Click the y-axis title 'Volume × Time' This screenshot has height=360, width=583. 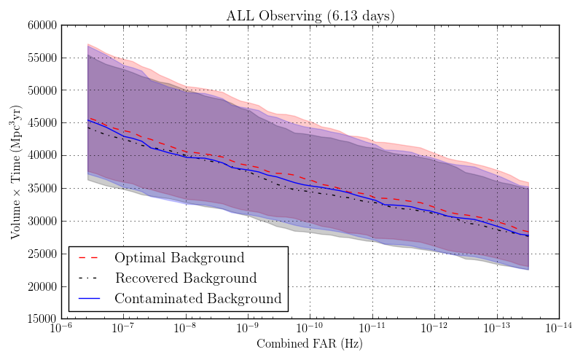click(x=15, y=172)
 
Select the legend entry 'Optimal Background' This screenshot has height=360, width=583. click(x=179, y=258)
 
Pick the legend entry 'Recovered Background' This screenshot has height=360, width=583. click(x=186, y=278)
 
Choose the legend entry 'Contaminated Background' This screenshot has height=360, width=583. click(x=197, y=298)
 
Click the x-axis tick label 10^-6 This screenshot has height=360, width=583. click(x=61, y=329)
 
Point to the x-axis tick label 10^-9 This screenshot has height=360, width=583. click(x=248, y=329)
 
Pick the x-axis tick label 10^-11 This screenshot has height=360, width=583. click(x=372, y=329)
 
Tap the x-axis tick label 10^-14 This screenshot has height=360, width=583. click(x=558, y=329)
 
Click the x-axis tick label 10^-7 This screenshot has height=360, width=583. click(x=123, y=329)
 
